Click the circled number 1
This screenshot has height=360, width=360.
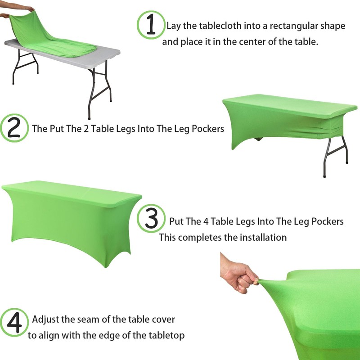click(x=151, y=25)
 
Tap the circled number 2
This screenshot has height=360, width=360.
click(x=14, y=128)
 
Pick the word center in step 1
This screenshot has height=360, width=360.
click(x=251, y=42)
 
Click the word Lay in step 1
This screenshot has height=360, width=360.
click(x=173, y=26)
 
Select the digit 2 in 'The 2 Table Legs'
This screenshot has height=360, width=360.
click(x=86, y=129)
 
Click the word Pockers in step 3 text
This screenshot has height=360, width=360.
click(x=324, y=221)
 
